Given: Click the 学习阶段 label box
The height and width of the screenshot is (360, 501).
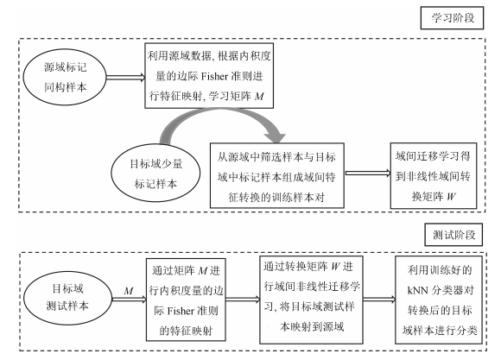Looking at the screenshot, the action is pos(452,18).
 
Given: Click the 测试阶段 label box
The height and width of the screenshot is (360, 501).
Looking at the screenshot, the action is pos(453,235).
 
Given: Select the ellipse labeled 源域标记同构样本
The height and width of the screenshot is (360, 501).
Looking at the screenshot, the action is pos(65,77).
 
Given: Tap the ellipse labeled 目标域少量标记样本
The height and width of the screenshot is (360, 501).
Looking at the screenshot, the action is pos(155,173).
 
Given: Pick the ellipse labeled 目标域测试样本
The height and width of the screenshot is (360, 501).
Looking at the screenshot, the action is pos(67,297).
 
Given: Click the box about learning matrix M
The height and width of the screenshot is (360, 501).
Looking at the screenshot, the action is pos(209,76).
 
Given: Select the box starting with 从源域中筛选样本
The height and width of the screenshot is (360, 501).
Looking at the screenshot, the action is pos(277,176).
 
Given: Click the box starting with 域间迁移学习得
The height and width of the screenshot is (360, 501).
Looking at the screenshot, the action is pos(434,176).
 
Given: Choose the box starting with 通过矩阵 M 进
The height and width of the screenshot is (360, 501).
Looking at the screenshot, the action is pos(186,300).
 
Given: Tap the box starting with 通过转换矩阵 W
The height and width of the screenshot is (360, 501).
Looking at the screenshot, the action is pos(311,300).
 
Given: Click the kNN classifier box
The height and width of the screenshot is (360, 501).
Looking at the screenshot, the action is pos(439,300).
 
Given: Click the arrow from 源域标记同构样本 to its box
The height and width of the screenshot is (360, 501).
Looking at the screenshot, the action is pos(125,78).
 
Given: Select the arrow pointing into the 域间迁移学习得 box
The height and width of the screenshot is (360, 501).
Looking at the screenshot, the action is pos(368,174).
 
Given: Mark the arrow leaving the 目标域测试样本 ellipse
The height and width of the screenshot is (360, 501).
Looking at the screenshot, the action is pos(129,300).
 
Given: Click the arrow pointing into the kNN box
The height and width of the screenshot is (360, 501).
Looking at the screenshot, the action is pos(379,300).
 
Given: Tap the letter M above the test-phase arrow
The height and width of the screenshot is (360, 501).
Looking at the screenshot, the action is pos(129,291).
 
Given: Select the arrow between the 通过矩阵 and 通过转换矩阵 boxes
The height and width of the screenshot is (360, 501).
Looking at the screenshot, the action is pos(243,300).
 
